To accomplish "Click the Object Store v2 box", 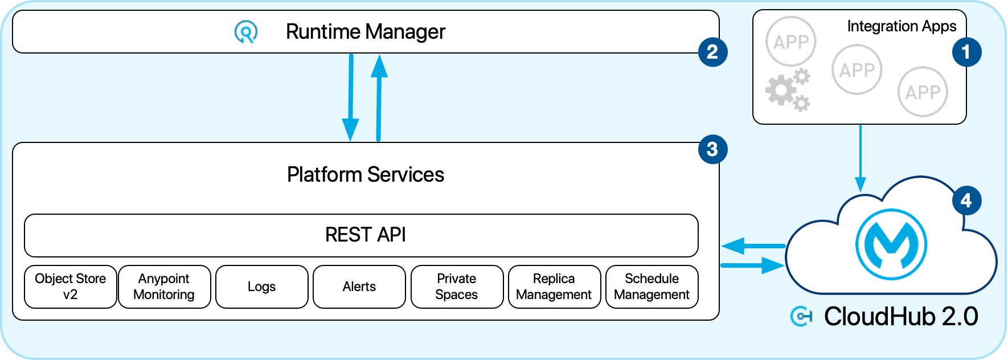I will pyautogui.click(x=71, y=287).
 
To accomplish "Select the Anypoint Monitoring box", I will pyautogui.click(x=164, y=287).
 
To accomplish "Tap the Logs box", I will pyautogui.click(x=261, y=287).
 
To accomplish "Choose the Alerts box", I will pyautogui.click(x=359, y=287).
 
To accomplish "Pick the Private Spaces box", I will pyautogui.click(x=457, y=287).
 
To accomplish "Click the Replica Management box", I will pyautogui.click(x=554, y=287).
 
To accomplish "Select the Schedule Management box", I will pyautogui.click(x=651, y=287).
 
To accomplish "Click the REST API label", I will pyautogui.click(x=365, y=235).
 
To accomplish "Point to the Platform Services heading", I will pyautogui.click(x=365, y=174).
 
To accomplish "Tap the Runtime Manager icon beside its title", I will pyautogui.click(x=246, y=32).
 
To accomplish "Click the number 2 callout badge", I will pyautogui.click(x=712, y=52).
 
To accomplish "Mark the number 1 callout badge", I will pyautogui.click(x=966, y=52).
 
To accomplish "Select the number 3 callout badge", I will pyautogui.click(x=712, y=149).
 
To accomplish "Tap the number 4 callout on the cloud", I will pyautogui.click(x=966, y=201).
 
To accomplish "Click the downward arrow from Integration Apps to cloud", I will pyautogui.click(x=861, y=159).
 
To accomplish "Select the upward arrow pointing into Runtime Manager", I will pyautogui.click(x=379, y=97).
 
